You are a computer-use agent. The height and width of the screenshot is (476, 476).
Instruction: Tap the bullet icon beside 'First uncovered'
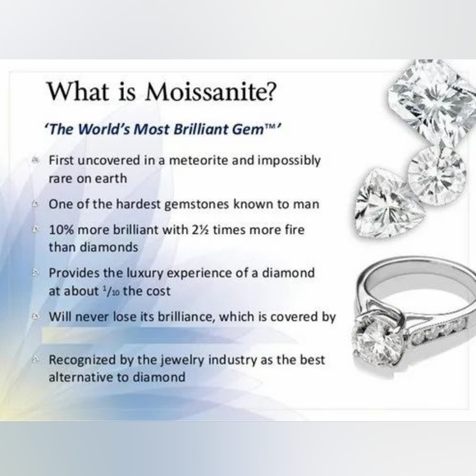point(36,160)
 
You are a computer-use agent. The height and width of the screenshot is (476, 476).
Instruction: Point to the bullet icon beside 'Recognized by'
point(36,359)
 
